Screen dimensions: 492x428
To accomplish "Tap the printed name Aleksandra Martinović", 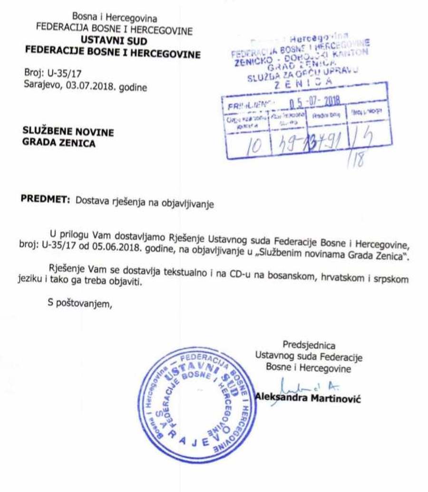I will tap(308, 398).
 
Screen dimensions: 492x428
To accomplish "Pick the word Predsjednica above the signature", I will tap(309, 345).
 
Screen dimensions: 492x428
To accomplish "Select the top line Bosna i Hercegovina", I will tap(114, 19).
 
